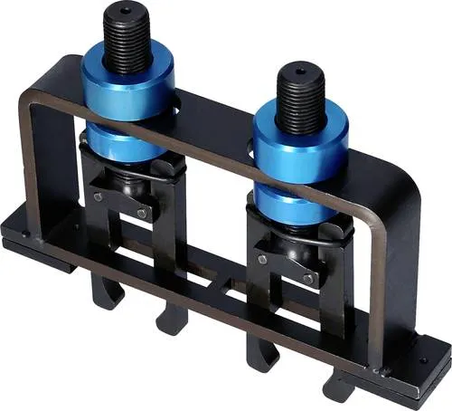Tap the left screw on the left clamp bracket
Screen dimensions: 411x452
click(99, 196)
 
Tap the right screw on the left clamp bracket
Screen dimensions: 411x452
click(142, 213)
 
